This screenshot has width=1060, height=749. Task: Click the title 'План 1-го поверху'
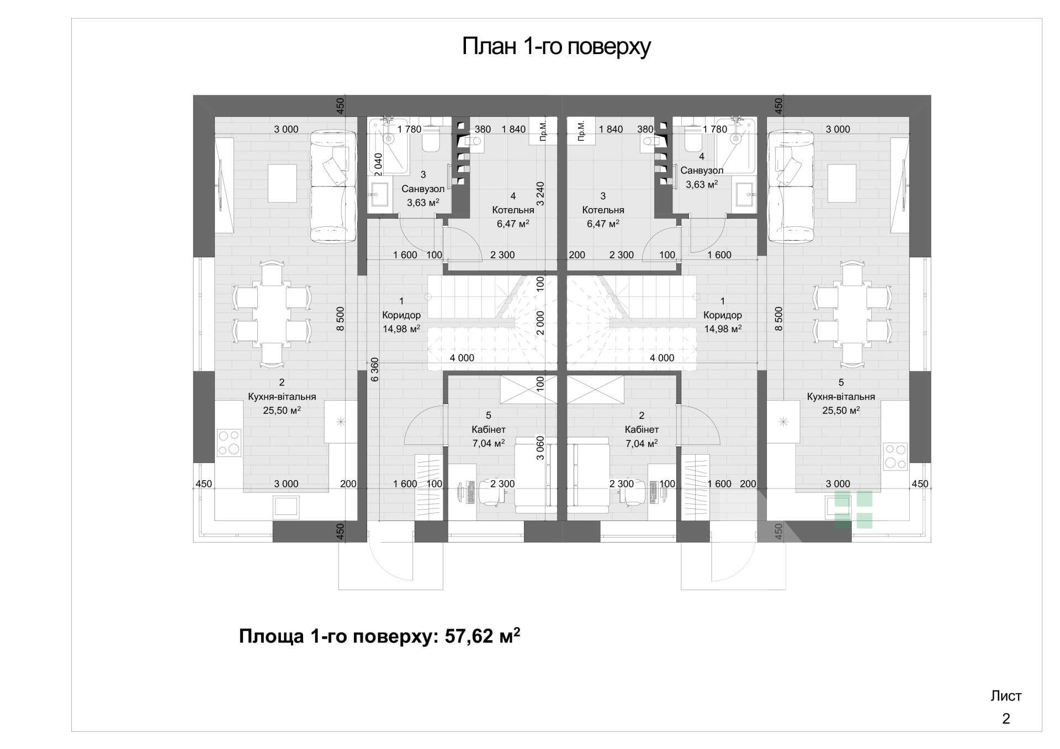pos(556,47)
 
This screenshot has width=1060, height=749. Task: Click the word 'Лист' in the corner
pos(1006,696)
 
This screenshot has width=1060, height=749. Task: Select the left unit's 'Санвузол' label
pos(423,189)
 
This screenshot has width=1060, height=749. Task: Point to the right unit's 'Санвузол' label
pos(702,171)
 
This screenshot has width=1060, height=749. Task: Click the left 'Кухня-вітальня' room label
pos(282,396)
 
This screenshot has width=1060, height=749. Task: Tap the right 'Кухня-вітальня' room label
pos(841,396)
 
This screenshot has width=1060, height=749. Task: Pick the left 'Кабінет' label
pos(489,429)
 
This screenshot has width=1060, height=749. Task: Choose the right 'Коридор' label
pos(723,315)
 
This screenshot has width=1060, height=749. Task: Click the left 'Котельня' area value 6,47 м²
pos(513,224)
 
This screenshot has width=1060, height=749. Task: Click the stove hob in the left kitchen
pos(229,443)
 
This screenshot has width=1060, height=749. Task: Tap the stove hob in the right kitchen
pos(895,456)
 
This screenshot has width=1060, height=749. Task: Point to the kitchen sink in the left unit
pos(286,507)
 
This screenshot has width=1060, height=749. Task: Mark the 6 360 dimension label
pos(374,370)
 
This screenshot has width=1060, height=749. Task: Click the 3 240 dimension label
pos(540,193)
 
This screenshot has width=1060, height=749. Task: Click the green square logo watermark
pos(853,509)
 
